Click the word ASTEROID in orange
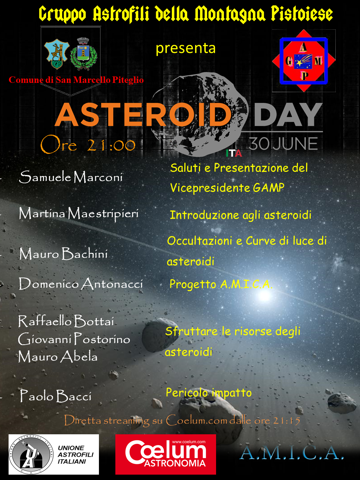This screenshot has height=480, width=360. pos(143,114)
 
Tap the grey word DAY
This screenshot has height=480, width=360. pos(288,114)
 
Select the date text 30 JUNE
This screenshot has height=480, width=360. pos(283,144)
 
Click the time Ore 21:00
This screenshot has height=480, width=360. pos(88,145)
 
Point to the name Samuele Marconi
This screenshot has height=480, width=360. pos(71,177)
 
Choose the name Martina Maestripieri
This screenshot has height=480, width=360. pos(79,214)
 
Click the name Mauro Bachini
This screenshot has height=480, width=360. pos(63,254)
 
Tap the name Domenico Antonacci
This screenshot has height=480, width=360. pos(81,284)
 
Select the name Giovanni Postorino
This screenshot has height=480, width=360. pos(74,339)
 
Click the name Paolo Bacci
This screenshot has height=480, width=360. pos(55,396)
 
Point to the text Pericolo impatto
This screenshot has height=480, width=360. pos(209,393)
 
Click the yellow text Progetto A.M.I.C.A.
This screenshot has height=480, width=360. pos(221,285)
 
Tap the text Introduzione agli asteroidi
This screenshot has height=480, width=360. pos(241,215)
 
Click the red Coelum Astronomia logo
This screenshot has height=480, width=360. pos(166,454)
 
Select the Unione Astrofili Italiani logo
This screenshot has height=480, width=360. pos(54,454)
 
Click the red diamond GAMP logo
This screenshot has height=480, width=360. pos(304,61)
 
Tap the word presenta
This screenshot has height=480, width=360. pos(186,49)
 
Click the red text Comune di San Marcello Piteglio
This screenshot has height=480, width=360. pos(76,80)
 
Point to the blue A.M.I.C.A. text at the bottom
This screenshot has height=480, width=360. pos(291,453)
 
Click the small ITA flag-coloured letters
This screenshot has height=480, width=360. pos(234,153)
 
